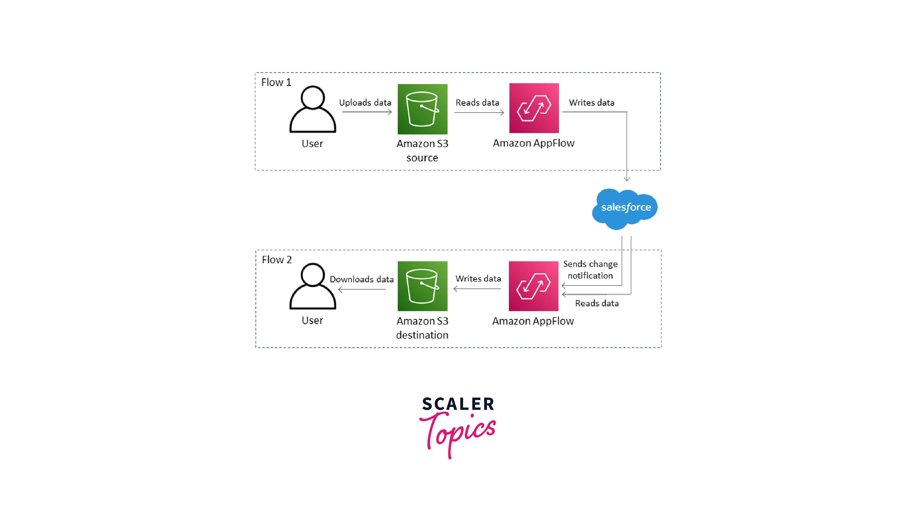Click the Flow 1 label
pos(276,82)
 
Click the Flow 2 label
pos(277,260)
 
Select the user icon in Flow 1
pos(312,109)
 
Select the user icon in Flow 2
pos(312,286)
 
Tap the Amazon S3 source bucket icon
pos(422,109)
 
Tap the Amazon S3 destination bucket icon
pos(422,286)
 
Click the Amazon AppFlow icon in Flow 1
pos(534,108)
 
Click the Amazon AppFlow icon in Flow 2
pos(533,286)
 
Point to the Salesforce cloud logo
pos(625,208)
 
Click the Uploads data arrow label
pos(365,103)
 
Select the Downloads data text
pos(362,280)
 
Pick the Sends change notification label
pos(590,270)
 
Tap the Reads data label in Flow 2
pos(597,304)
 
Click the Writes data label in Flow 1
pos(592,103)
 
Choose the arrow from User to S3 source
pos(367,112)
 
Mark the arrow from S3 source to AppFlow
pos(479,113)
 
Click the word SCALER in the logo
pos(458,404)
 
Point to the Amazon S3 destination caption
pos(422,328)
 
